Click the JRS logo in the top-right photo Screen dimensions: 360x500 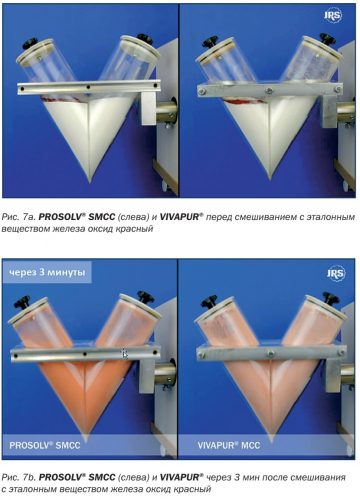point(333,16)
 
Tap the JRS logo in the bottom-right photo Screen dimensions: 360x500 point(335,273)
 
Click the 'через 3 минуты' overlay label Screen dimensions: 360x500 point(47,272)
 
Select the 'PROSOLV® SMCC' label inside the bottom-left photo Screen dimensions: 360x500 point(45,445)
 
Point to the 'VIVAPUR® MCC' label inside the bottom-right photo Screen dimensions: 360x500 point(229,445)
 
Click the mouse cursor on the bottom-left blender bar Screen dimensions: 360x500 point(125,354)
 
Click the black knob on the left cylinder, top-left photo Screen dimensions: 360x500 point(30,43)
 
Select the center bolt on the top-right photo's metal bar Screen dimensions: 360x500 point(269,90)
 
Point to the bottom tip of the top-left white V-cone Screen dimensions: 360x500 point(90,182)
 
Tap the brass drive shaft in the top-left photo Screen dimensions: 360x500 point(166,113)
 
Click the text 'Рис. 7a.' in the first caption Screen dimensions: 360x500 point(19,217)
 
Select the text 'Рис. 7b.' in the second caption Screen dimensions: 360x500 point(19,477)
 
